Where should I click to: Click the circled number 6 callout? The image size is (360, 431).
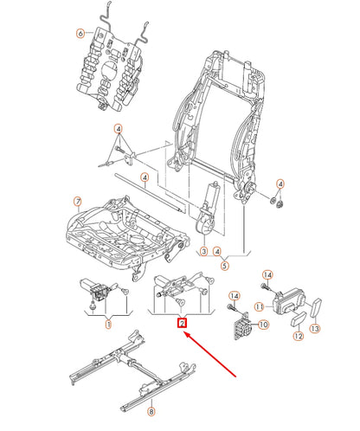point(80,34)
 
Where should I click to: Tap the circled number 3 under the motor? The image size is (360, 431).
point(202,252)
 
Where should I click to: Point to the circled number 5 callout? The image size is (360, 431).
point(224,266)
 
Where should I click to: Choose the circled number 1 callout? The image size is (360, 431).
point(108,325)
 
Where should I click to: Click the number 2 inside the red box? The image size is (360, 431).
point(181,324)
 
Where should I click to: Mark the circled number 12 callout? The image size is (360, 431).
point(299,333)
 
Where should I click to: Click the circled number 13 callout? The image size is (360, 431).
point(316,328)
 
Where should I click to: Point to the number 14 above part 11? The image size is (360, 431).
point(267,274)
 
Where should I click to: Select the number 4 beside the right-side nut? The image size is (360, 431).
point(280,183)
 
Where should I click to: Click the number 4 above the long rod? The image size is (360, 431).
point(146,177)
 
